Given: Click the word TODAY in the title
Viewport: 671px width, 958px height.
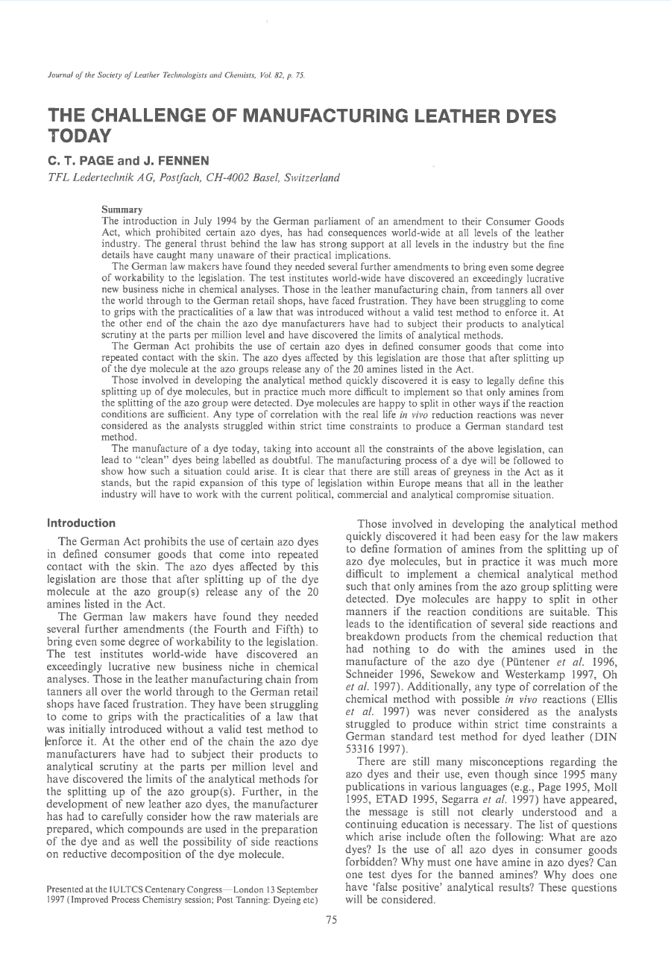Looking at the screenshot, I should click(x=79, y=136).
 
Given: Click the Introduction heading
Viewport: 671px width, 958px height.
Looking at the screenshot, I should click(x=81, y=523).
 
